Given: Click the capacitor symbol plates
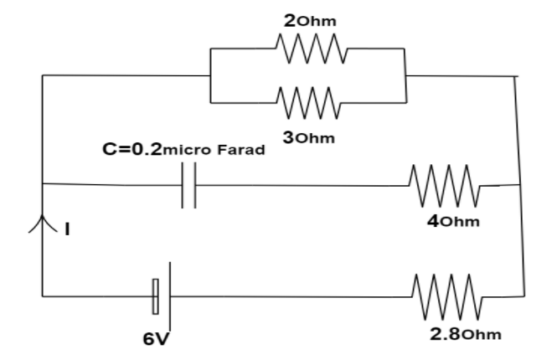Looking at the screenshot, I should point(189,185).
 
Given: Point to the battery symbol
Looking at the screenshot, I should point(162,294).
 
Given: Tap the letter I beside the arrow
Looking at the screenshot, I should point(67,225).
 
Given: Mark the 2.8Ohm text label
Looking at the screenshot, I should point(466,335).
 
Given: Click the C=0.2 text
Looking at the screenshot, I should point(130,151).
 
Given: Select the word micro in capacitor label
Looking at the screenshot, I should point(188,152).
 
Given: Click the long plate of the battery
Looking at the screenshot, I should point(170,294).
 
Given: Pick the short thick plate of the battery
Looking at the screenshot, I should point(155,296).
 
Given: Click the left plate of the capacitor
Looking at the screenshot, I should point(183,185).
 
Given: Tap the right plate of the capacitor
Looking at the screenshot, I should point(195,185).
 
